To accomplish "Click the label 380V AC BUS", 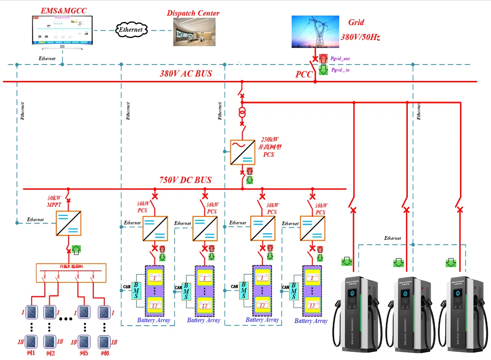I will point(186,73).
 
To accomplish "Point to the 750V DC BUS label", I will point(186,180).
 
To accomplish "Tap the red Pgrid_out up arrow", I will point(324,58).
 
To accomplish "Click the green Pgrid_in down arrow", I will point(324,70).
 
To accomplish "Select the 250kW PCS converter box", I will point(242,152).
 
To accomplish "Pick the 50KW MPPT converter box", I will point(69,223).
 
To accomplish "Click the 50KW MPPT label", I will point(54,201).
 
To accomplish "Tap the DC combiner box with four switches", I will point(71,273).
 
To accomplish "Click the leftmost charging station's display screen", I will point(352,297).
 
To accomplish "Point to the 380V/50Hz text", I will point(360,37).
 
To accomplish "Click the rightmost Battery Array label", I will point(311,321).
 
